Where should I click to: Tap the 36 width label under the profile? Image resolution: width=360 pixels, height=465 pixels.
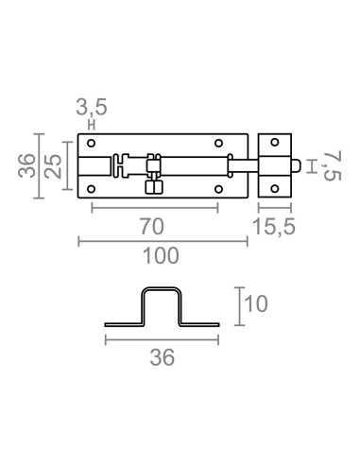pyautogui.click(x=162, y=354)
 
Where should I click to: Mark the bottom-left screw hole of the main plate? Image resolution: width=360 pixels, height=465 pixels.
pyautogui.click(x=92, y=187)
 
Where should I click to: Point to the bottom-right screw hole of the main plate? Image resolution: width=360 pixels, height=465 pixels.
pyautogui.click(x=219, y=187)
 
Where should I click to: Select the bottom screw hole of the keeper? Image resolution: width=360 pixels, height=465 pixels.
pyautogui.click(x=276, y=187)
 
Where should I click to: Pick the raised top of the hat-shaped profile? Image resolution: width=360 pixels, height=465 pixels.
pyautogui.click(x=162, y=290)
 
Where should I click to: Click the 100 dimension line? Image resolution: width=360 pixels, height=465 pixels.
pyautogui.click(x=162, y=242)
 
